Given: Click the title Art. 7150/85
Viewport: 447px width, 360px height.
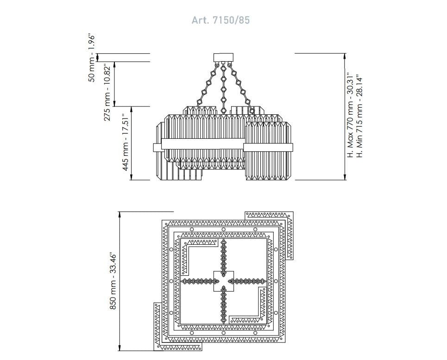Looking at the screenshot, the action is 220,20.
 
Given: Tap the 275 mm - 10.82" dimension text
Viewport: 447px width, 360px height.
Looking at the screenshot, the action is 107,93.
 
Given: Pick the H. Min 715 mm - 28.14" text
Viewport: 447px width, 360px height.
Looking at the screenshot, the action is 360,117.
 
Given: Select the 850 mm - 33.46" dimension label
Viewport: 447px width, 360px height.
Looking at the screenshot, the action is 113,281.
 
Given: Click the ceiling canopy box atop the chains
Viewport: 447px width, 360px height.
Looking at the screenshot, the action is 223,57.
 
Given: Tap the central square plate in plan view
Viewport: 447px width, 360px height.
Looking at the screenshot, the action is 223,281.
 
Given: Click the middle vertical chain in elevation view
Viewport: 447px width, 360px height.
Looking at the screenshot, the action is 223,88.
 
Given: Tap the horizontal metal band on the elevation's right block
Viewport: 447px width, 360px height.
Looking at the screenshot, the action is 268,148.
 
